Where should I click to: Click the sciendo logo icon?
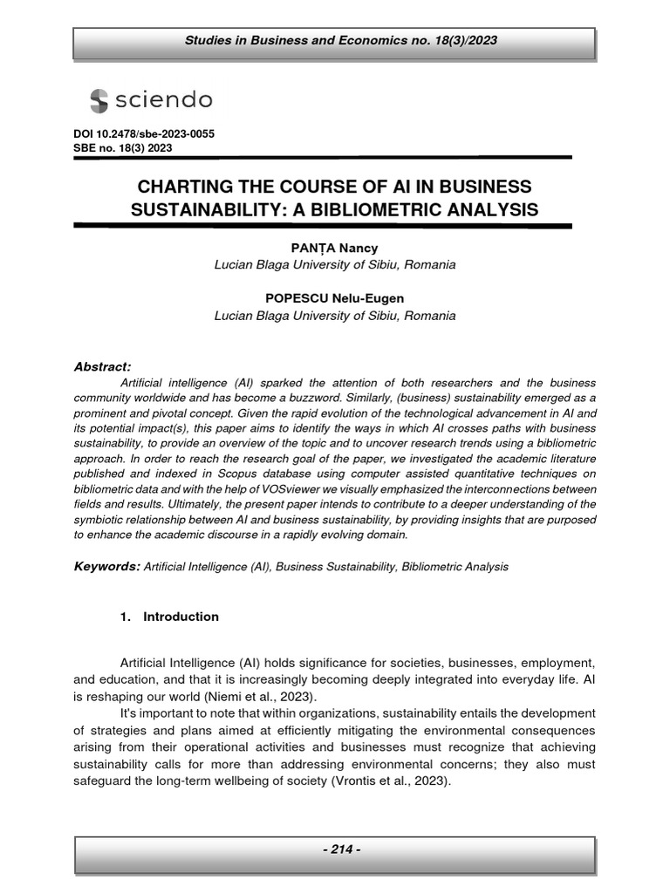point(99,100)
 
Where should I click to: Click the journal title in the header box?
point(334,41)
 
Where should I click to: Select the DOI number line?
point(144,134)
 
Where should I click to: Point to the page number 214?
point(335,849)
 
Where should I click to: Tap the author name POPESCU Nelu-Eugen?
point(334,298)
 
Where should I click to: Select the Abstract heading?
point(102,367)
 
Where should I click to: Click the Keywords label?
point(106,567)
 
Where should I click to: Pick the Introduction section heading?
point(181,617)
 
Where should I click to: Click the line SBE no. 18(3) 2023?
point(123,148)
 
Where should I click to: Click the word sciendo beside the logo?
point(163,100)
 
